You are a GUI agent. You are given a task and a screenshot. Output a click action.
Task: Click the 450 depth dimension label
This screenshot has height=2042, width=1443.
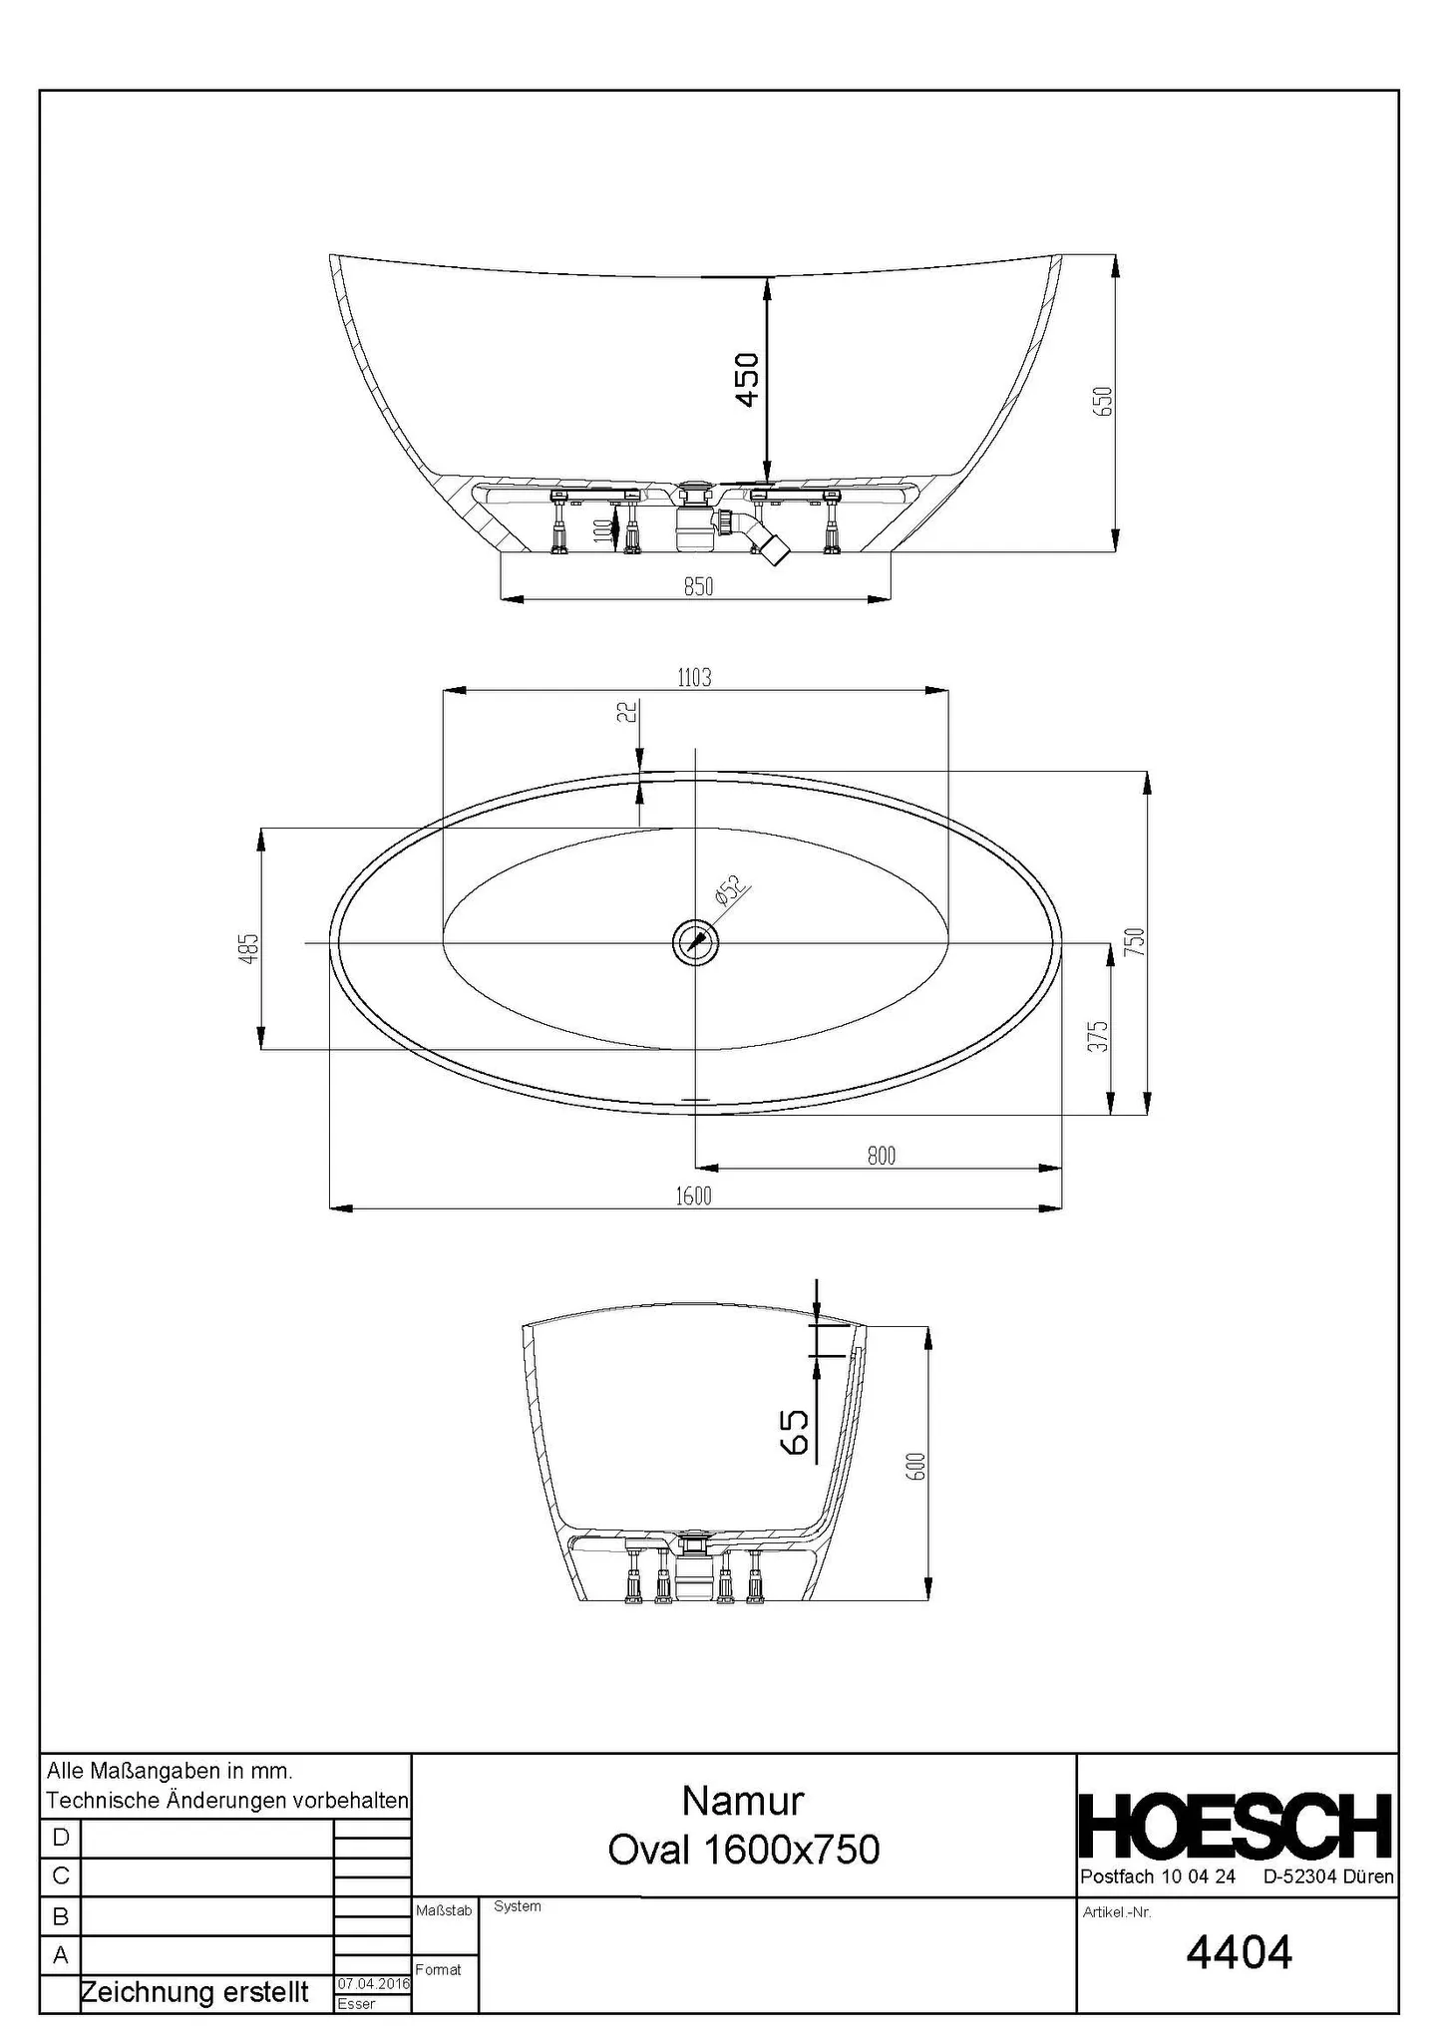[x=747, y=379]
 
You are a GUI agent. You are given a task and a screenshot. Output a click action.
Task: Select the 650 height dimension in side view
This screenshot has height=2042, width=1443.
[x=1103, y=402]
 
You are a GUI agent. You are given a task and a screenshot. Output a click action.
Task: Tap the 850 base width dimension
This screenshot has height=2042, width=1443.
[x=698, y=587]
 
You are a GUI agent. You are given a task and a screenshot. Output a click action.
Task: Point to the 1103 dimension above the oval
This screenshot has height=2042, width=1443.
[x=694, y=678]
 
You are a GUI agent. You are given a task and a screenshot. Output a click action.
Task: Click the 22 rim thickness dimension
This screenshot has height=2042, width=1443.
[x=627, y=712]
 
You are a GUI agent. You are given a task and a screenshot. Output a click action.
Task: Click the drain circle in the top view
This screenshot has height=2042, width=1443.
[x=695, y=942]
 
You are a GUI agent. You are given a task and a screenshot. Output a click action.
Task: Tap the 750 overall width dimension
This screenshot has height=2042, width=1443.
[x=1136, y=942]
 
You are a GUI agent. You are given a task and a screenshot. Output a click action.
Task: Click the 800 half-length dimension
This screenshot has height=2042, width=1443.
[x=881, y=1156]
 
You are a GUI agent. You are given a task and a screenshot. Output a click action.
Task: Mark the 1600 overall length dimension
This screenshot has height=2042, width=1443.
[x=694, y=1196]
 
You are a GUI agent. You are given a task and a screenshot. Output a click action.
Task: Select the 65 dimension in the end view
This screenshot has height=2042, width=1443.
[x=796, y=1432]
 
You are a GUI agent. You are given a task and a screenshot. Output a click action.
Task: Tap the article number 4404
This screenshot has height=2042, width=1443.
[x=1239, y=1952]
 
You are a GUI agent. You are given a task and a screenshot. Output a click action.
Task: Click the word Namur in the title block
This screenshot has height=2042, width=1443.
[x=743, y=1801]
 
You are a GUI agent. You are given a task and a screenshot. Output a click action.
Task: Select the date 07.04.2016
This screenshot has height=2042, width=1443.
[x=373, y=1984]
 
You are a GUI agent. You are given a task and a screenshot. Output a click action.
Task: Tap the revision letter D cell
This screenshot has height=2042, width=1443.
[x=60, y=1838]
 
